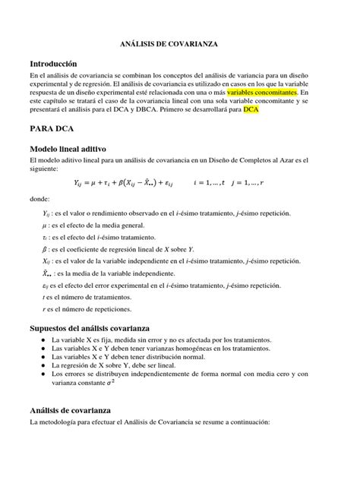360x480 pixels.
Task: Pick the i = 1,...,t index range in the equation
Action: (x=216, y=183)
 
